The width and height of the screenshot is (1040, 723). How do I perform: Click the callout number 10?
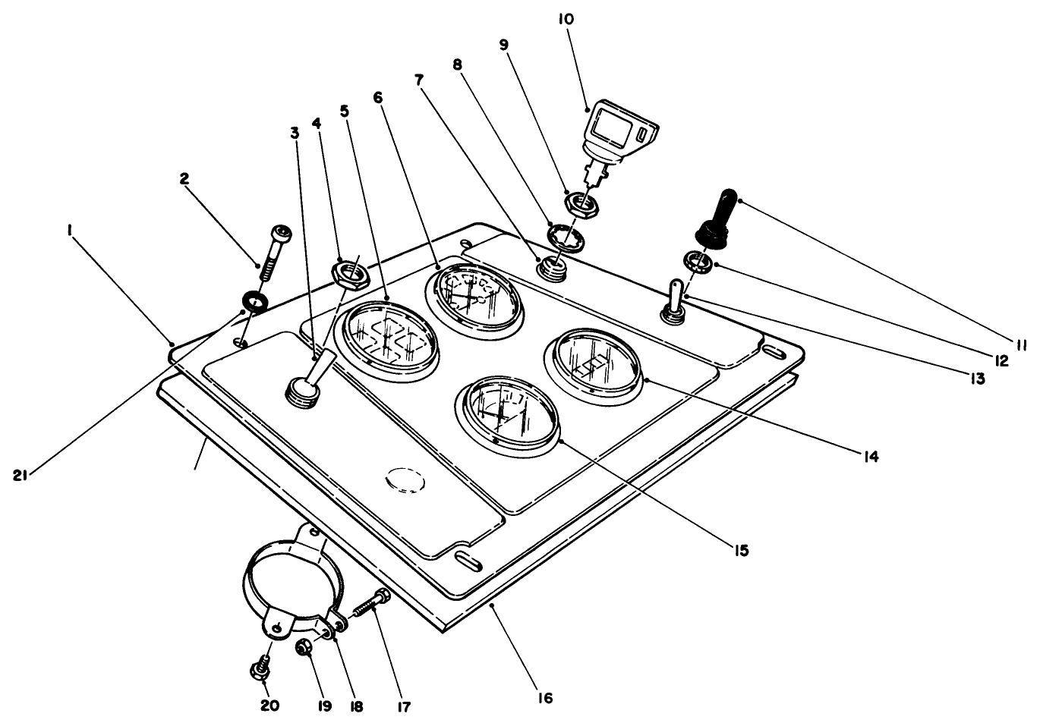tap(566, 18)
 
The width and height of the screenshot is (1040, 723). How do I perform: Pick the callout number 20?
tap(269, 706)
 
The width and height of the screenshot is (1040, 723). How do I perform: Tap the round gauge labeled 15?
tap(506, 414)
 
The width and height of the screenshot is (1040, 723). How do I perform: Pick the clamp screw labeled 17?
tap(371, 605)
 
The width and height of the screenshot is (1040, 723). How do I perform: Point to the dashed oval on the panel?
tap(405, 479)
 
